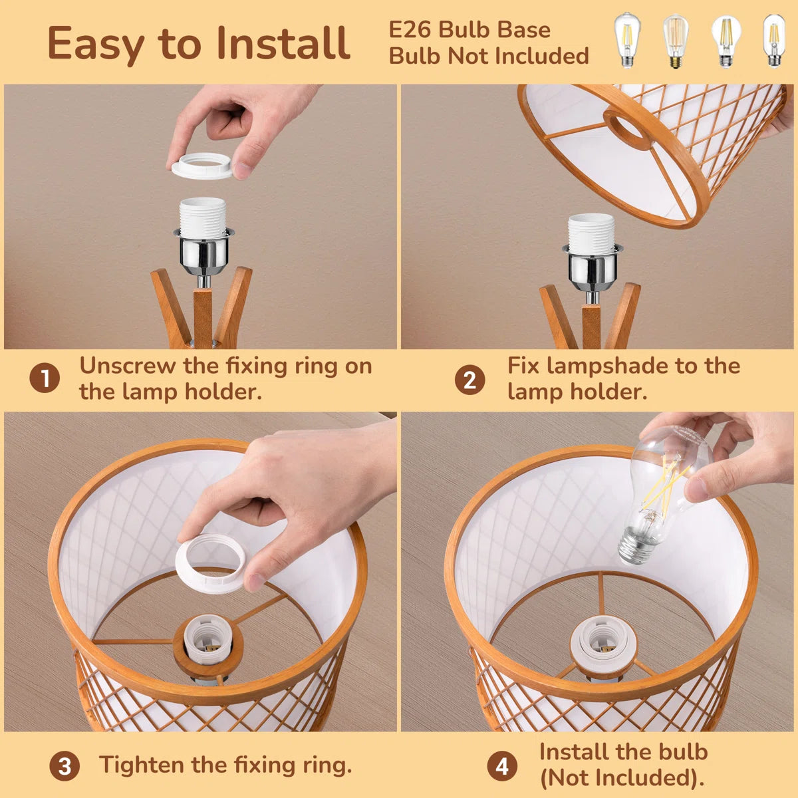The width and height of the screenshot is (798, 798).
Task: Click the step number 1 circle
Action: (45, 378)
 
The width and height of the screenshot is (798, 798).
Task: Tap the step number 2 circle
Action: (469, 379)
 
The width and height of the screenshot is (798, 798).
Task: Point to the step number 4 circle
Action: (502, 766)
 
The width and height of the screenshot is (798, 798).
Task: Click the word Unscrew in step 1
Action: (128, 366)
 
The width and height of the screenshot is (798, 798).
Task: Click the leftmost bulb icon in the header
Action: (627, 40)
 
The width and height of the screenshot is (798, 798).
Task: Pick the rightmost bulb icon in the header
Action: (773, 40)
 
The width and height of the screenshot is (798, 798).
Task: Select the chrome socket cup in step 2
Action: (593, 263)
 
